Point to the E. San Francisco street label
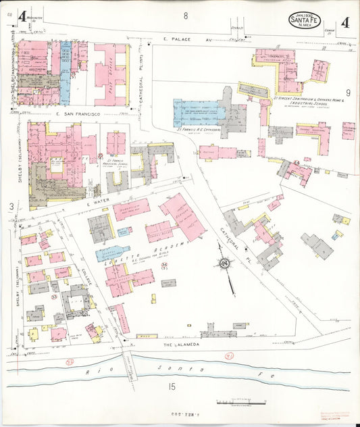[75, 114]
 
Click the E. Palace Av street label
[178, 40]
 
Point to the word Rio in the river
[89, 372]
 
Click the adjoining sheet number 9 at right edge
[348, 93]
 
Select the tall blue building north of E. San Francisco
[66, 73]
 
